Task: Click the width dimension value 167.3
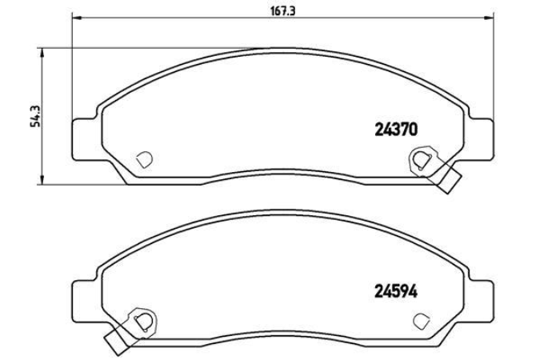point(282,11)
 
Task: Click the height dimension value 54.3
point(35,116)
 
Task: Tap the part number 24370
point(396,130)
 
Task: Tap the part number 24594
point(396,292)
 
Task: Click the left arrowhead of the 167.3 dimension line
point(76,17)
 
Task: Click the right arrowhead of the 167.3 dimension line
point(489,17)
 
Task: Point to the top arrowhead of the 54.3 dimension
point(42,52)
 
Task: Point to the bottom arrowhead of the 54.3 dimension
point(42,180)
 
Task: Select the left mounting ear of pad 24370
point(84,139)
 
